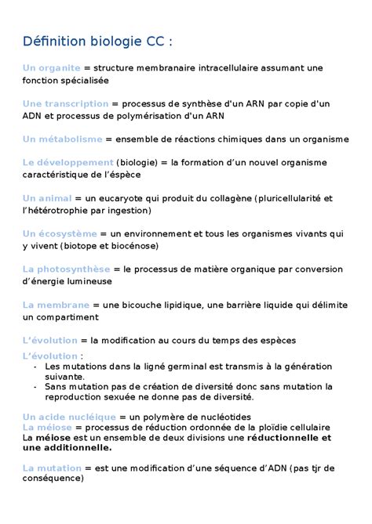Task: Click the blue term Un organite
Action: (x=53, y=68)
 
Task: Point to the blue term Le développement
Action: (x=68, y=163)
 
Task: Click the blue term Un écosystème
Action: (x=60, y=233)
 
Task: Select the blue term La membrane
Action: (x=56, y=304)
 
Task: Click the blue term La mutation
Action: (x=53, y=468)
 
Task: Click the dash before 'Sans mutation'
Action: (x=37, y=386)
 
